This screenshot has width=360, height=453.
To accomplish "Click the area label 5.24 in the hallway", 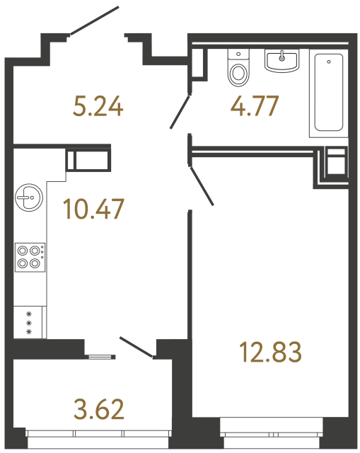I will click(98, 107).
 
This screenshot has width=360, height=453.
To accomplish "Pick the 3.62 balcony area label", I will click(98, 408).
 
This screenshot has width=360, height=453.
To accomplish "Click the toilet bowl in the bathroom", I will click(239, 73).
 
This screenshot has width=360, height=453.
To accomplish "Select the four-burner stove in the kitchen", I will click(29, 256).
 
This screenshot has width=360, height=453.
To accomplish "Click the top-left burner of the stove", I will click(23, 250).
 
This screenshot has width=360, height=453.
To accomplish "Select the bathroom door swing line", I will click(180, 112).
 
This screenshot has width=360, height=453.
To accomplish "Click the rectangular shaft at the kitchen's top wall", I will click(89, 158).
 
